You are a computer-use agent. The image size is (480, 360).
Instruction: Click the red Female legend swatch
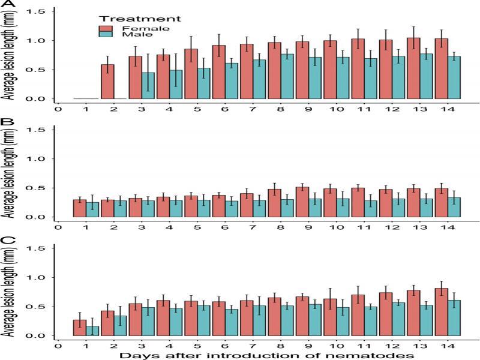(105, 28)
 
